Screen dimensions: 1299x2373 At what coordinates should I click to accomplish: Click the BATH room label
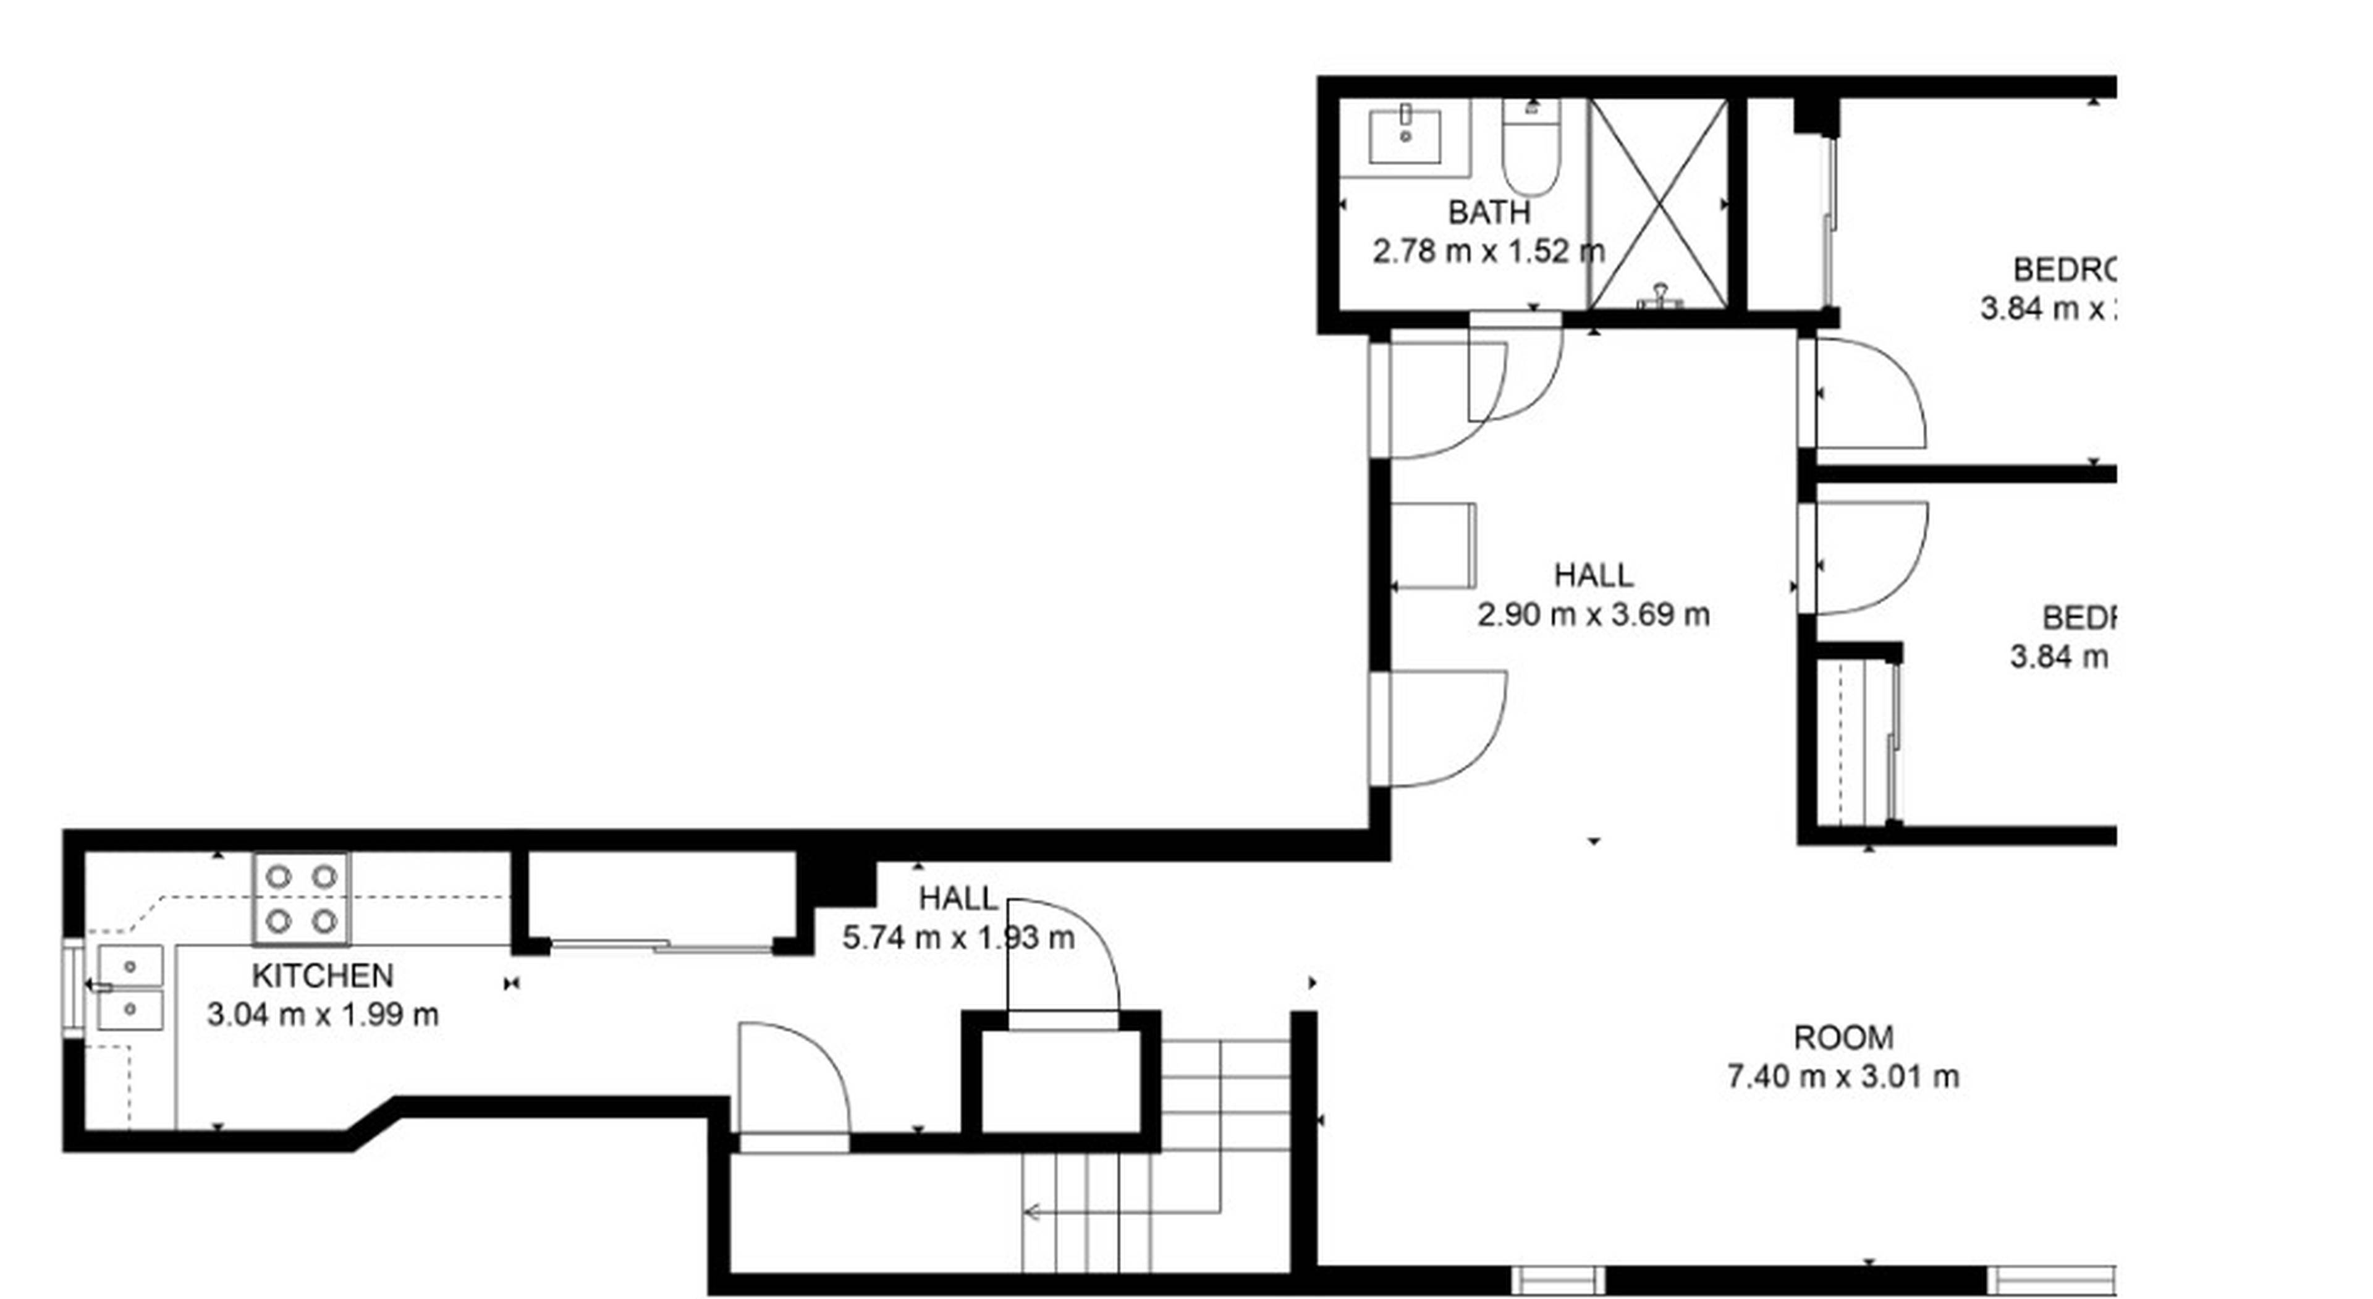(1489, 213)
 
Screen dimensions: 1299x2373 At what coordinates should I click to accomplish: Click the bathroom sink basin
(1405, 137)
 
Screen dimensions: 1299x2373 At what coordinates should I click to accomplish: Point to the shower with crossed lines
(1658, 203)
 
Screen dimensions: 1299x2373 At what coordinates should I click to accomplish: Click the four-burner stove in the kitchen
(301, 899)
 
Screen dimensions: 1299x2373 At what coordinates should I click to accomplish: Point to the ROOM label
(1843, 1038)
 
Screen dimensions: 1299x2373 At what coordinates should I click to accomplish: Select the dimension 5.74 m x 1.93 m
(958, 939)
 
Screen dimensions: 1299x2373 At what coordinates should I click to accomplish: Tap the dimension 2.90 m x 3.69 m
(1594, 614)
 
